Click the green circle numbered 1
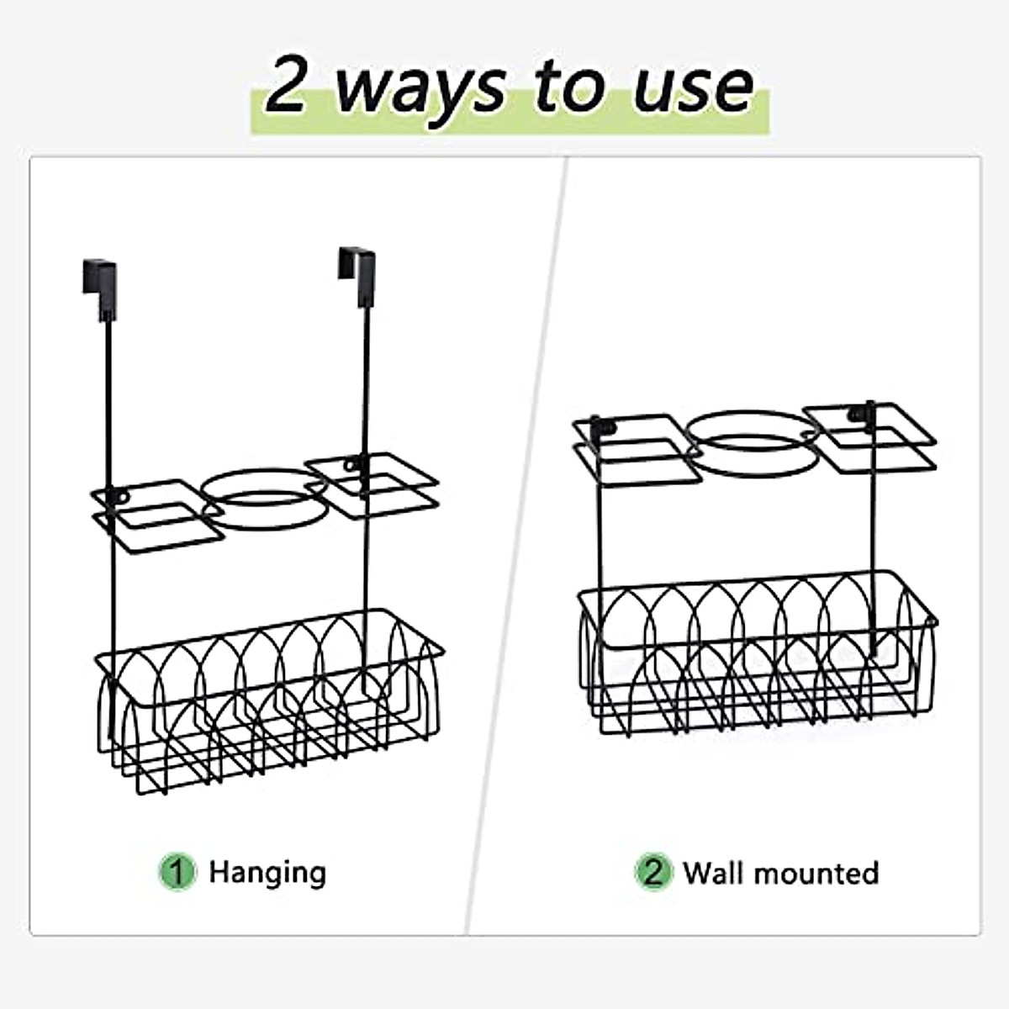click(177, 872)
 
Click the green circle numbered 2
click(653, 872)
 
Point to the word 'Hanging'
click(267, 872)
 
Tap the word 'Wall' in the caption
click(714, 872)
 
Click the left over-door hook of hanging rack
click(100, 282)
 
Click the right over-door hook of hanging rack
click(357, 269)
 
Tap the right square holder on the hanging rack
click(374, 478)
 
